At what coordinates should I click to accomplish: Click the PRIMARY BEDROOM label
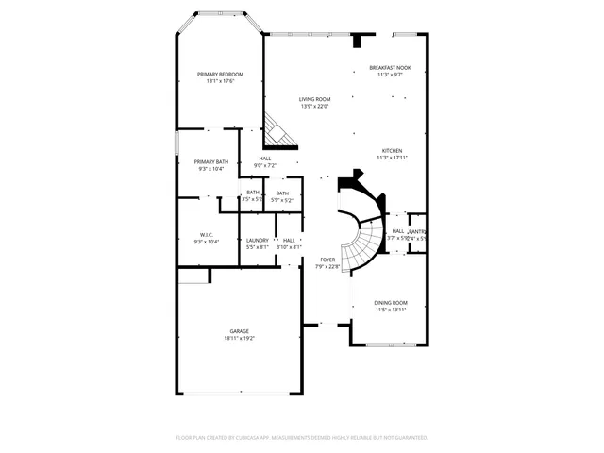220,75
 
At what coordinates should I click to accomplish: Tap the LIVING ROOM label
315,99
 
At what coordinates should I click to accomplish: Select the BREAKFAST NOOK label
390,68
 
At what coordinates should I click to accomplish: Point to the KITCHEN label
392,151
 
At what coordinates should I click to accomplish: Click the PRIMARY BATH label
210,161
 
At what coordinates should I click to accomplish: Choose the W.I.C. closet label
207,234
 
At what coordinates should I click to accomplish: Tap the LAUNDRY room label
258,240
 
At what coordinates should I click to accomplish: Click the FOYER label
327,260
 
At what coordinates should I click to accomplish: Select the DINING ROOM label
390,302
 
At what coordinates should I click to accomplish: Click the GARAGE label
240,331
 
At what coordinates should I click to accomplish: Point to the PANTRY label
417,231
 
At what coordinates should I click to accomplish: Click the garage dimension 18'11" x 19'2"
240,338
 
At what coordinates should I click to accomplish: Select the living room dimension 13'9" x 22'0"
315,106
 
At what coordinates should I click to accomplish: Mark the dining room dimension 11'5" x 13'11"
390,309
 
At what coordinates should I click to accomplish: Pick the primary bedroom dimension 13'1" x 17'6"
220,81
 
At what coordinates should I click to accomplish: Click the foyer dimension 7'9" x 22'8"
327,266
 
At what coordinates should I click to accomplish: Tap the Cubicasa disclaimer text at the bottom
302,438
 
